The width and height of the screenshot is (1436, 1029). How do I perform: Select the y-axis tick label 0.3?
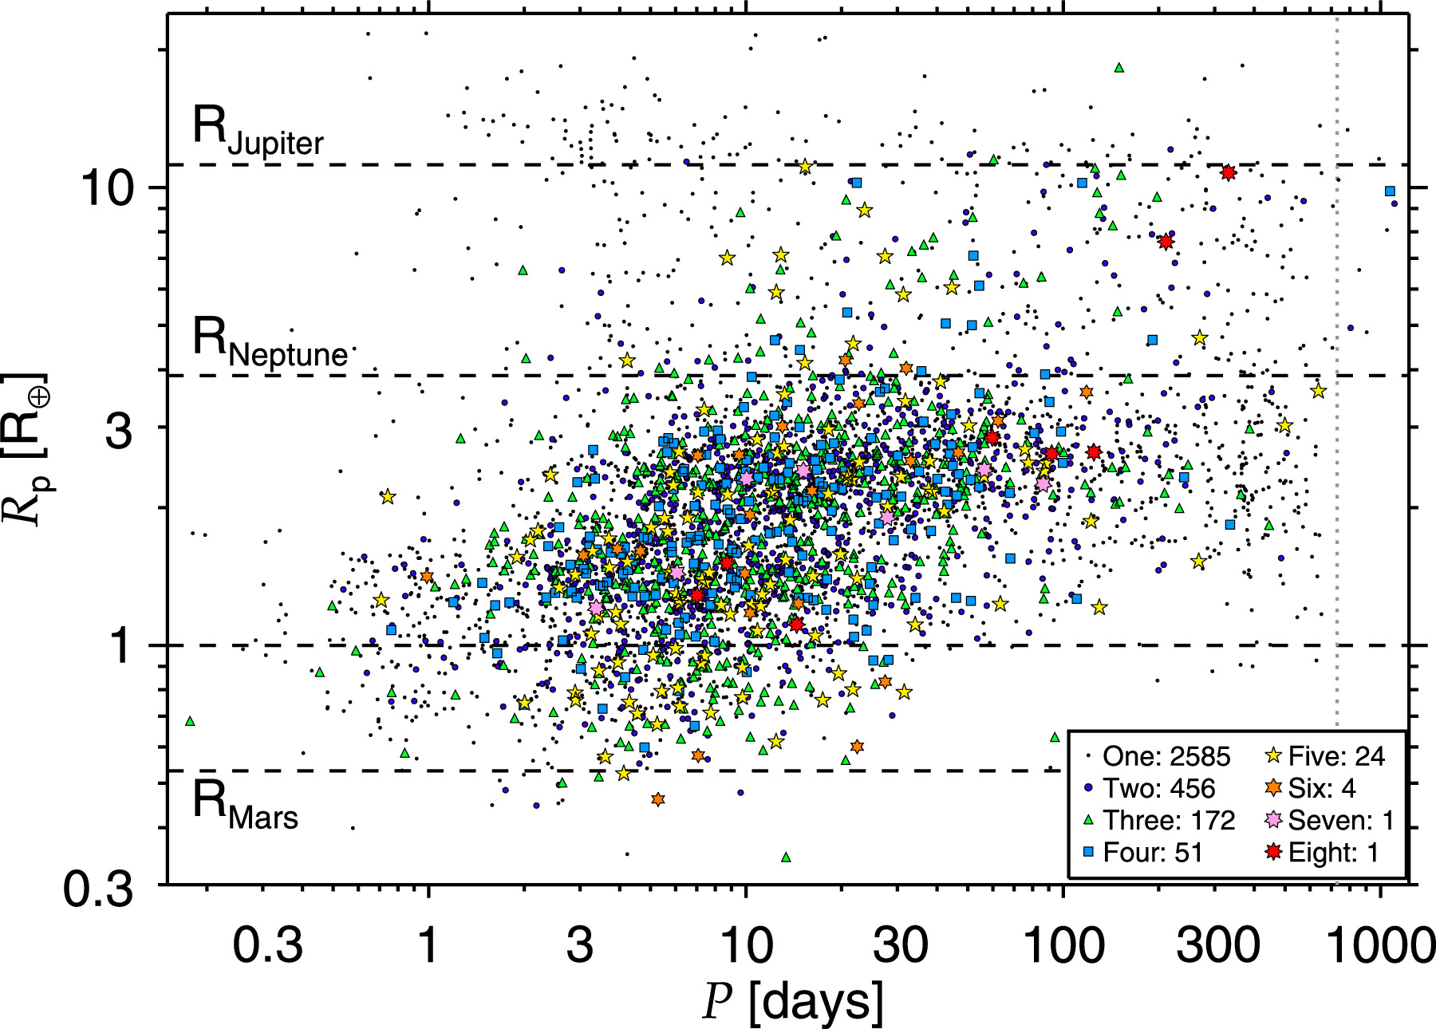98,887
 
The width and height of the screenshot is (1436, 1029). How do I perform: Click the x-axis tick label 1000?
1379,946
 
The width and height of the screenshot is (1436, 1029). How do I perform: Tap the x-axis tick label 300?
1217,946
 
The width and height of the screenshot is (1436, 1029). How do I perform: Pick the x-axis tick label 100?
1063,946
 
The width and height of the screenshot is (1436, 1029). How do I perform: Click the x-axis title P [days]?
793,1001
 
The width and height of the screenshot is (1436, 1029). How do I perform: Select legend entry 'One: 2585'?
1158,756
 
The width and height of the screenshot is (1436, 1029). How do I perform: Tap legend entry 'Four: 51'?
1143,853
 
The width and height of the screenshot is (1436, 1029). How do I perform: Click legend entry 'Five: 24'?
1325,756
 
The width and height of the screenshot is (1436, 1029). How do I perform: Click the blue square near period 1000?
1390,191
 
